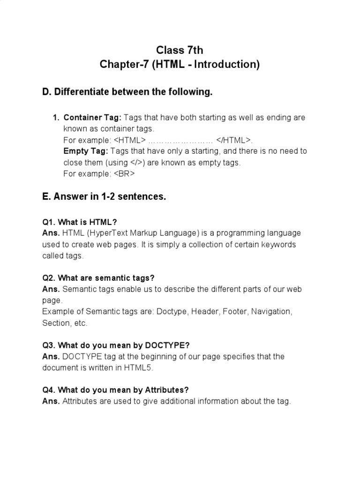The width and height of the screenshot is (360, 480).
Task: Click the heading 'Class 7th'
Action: tap(180, 50)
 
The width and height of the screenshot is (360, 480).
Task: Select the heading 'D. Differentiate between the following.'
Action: tap(127, 92)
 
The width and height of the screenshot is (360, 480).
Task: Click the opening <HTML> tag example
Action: tap(129, 140)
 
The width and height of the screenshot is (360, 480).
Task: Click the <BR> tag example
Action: tap(124, 174)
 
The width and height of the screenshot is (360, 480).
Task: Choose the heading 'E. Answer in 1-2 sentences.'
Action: tap(104, 197)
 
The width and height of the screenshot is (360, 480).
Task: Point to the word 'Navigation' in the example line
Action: tap(271, 312)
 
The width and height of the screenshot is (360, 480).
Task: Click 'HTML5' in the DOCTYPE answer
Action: tap(138, 368)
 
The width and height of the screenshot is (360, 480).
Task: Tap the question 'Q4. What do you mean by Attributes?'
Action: tap(115, 390)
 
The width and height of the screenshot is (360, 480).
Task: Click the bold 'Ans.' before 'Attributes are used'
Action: tap(51, 401)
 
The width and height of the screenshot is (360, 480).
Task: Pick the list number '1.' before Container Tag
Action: tap(56, 118)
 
